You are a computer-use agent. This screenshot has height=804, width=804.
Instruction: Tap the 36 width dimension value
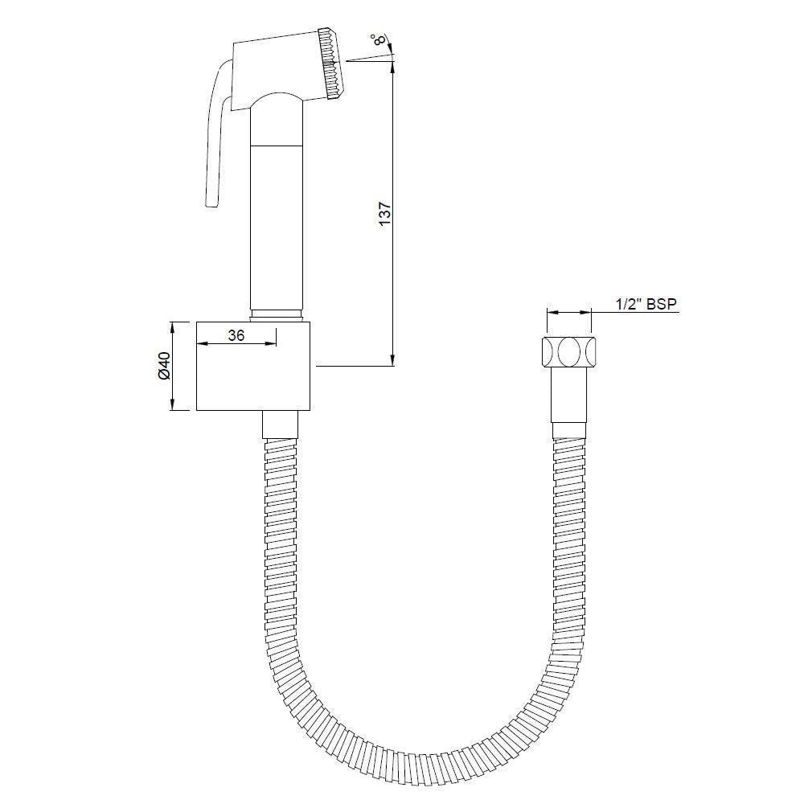[x=236, y=336]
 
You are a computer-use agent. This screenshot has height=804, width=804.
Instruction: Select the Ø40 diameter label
[x=163, y=365]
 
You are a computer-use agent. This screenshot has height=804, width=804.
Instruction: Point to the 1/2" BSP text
[x=646, y=303]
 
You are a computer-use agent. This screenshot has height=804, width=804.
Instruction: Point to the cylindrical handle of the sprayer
[x=277, y=225]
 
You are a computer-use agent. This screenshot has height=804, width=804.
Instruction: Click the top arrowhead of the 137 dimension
[x=392, y=67]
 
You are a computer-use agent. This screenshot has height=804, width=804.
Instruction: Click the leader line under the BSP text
[x=635, y=313]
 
